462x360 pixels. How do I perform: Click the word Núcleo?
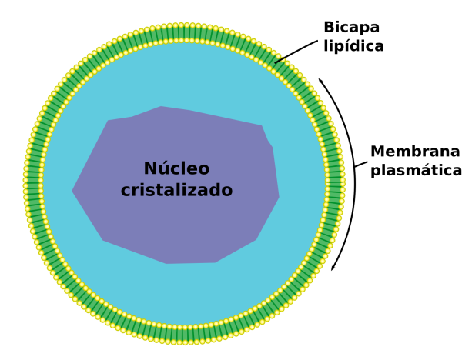tap(176, 169)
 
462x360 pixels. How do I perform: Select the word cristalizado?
tap(176, 191)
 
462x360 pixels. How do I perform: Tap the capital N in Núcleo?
tap(151, 169)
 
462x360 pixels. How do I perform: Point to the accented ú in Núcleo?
tap(165, 169)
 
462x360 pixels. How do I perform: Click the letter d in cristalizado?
tap(216, 190)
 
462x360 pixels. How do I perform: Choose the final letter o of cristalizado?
tap(227, 192)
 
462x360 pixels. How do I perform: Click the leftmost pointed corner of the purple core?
tap(72, 191)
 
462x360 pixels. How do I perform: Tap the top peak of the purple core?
tap(161, 107)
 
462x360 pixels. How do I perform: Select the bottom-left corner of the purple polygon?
tap(103, 240)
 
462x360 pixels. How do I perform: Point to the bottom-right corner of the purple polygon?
tap(256, 240)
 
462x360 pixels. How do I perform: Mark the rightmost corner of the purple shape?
tap(279, 197)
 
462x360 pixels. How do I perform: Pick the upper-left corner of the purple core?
tap(109, 121)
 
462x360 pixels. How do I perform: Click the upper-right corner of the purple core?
tap(262, 126)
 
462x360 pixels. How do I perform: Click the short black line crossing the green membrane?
tap(279, 59)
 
